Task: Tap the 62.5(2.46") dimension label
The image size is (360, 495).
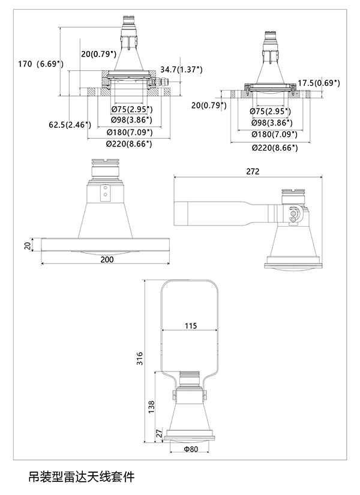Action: [70, 125]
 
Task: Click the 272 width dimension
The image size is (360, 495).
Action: [253, 172]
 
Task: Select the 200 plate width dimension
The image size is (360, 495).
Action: [106, 260]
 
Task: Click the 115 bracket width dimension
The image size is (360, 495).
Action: [190, 326]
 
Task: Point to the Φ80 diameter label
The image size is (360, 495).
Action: [190, 449]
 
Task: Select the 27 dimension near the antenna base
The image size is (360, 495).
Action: [160, 433]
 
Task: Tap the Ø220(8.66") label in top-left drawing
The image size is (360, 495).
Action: [128, 143]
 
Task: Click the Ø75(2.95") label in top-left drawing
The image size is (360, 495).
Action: [132, 109]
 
